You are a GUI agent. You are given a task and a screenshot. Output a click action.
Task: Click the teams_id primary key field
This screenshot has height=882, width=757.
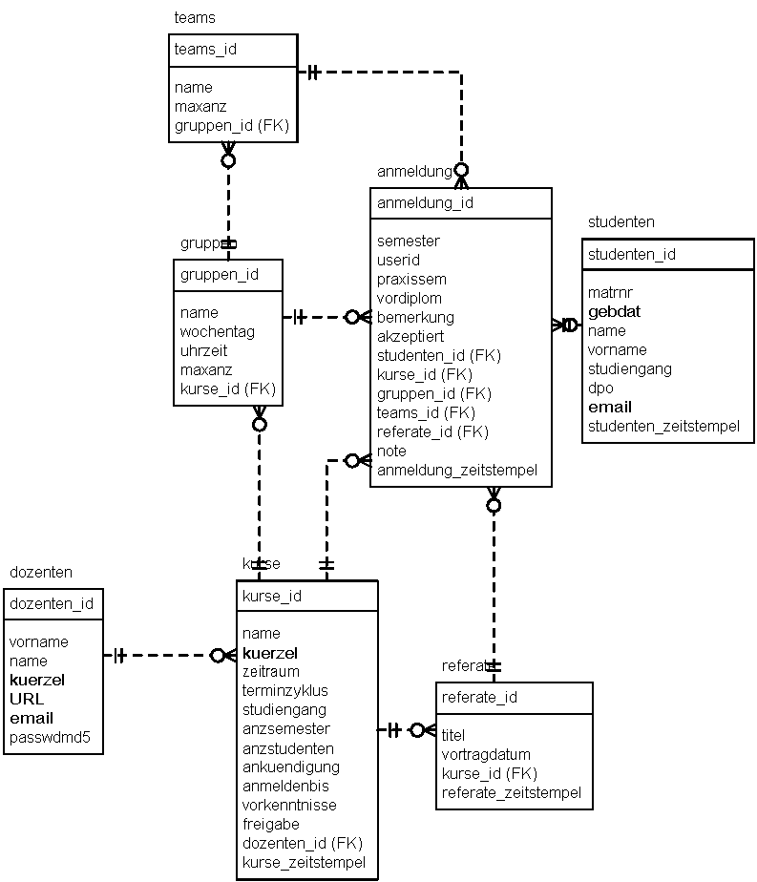[205, 50]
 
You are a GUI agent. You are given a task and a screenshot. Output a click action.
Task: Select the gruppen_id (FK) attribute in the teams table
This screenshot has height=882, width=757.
[231, 126]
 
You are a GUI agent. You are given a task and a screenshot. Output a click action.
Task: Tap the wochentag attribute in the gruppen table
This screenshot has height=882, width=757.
[217, 332]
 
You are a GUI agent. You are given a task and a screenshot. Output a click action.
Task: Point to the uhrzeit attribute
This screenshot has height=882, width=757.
[205, 351]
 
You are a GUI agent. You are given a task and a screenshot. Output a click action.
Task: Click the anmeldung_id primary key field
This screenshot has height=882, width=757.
[425, 203]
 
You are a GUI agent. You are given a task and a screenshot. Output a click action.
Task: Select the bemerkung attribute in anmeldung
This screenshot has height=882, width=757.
[415, 318]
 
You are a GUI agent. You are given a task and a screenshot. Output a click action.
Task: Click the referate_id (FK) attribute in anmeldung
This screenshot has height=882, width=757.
[432, 432]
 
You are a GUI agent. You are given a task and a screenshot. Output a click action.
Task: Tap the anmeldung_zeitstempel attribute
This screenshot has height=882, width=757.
[457, 471]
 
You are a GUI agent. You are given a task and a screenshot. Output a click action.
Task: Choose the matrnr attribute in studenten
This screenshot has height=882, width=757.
[610, 293]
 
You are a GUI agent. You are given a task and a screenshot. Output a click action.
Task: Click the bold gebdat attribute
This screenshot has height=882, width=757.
[614, 312]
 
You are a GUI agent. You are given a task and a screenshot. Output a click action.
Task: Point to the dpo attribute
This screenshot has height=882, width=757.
[600, 388]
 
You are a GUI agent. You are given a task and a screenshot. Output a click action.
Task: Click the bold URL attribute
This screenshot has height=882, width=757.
[27, 700]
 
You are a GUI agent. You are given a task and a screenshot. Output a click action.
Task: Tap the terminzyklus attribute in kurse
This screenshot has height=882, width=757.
[284, 691]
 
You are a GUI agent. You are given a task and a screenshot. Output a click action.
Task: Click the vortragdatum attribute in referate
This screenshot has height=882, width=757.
[486, 755]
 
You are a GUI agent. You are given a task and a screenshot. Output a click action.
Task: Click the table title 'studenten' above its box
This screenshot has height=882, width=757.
[621, 222]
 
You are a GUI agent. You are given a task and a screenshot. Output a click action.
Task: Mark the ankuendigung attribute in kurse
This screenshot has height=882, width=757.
[290, 767]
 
